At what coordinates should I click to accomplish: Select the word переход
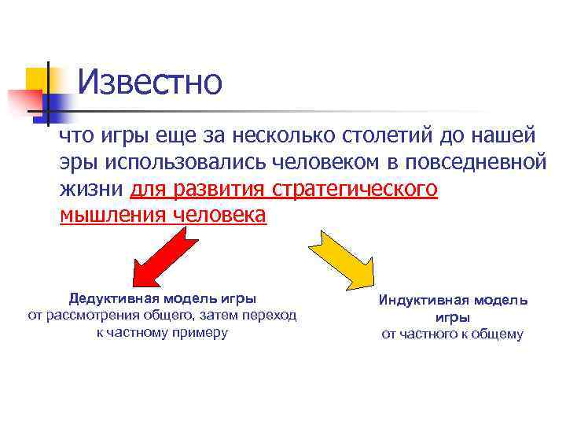coord(271,316)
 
